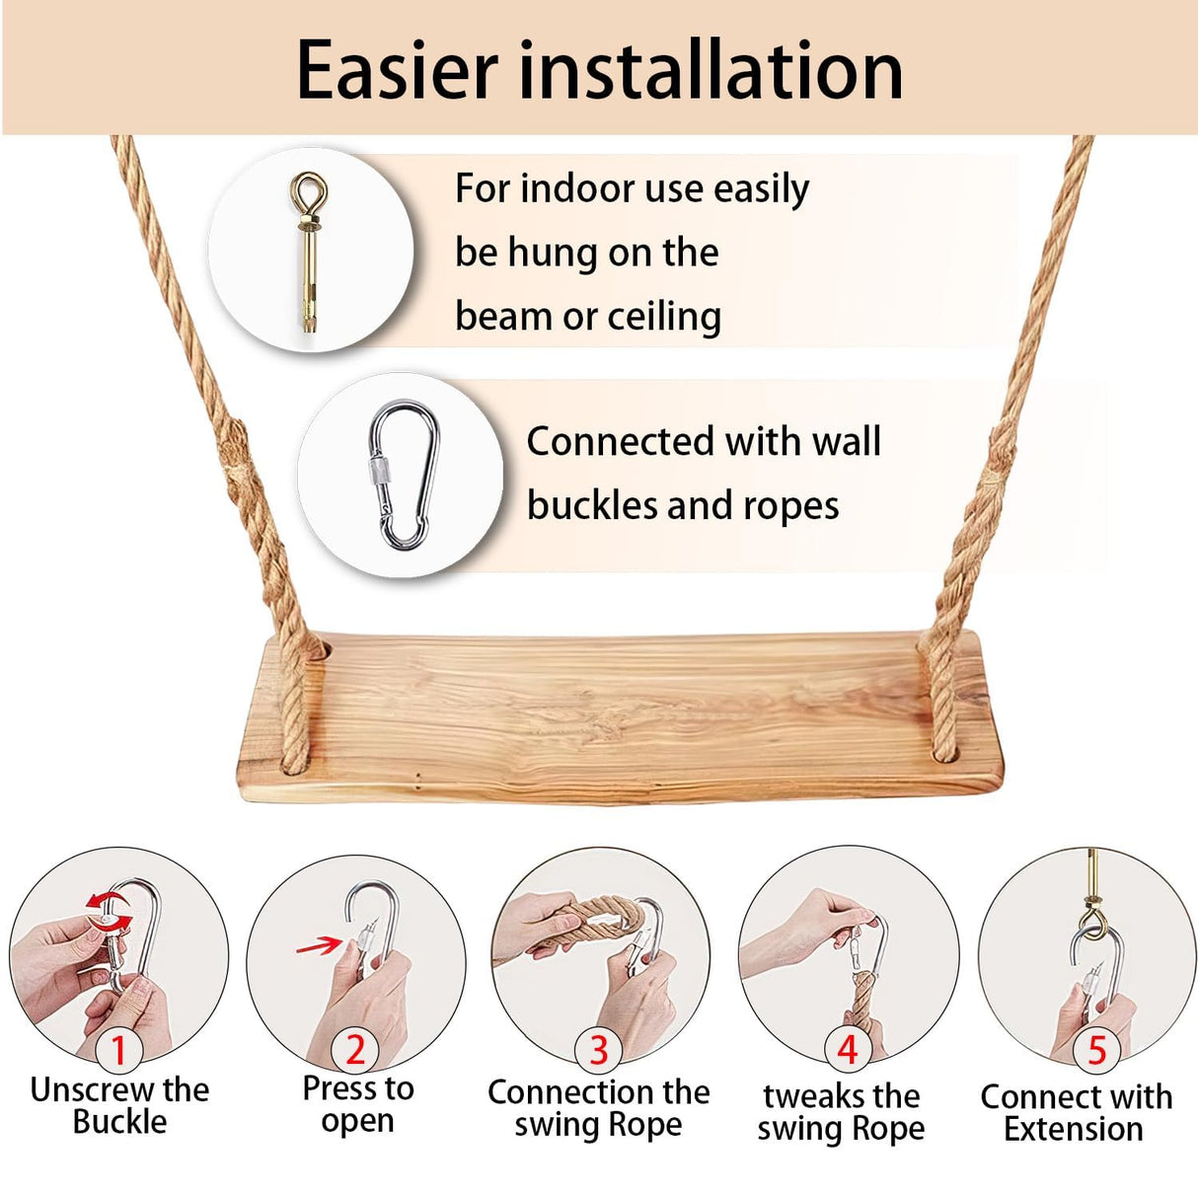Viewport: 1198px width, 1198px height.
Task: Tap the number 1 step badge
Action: pos(118,1050)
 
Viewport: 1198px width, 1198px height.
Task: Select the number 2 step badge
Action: pos(355,1050)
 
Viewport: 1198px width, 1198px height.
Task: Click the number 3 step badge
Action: pos(598,1050)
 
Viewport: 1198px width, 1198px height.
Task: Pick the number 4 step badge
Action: pos(847,1050)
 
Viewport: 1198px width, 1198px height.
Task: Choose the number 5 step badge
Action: pos(1096,1050)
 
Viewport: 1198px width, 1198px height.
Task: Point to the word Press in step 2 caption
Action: pos(339,1088)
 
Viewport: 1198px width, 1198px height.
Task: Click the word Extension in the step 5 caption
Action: pos(1074,1129)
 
